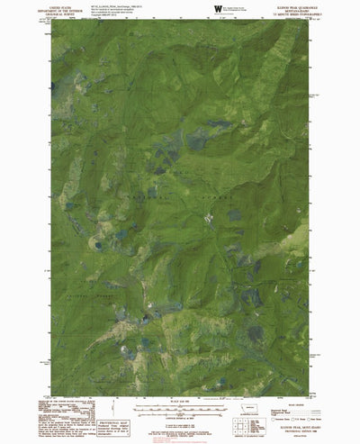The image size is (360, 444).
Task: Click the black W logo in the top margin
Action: tap(216, 8)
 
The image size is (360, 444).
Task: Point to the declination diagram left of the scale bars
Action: tap(111, 404)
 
